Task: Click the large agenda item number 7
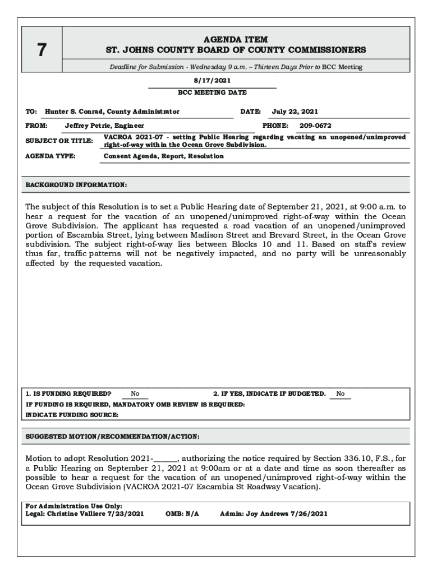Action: pyautogui.click(x=42, y=50)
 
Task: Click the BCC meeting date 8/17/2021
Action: pyautogui.click(x=212, y=81)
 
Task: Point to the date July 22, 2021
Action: pyautogui.click(x=295, y=112)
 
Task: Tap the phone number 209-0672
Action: pyautogui.click(x=315, y=126)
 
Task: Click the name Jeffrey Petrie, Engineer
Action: pyautogui.click(x=104, y=126)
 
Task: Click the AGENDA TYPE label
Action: pyautogui.click(x=50, y=156)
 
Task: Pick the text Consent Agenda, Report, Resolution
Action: pyautogui.click(x=164, y=156)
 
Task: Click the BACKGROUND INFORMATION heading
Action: pyautogui.click(x=76, y=185)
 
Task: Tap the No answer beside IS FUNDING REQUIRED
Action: pyautogui.click(x=135, y=394)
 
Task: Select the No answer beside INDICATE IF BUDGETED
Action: pyautogui.click(x=341, y=394)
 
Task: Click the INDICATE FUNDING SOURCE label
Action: pyautogui.click(x=72, y=415)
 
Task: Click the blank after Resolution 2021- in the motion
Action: pyautogui.click(x=166, y=459)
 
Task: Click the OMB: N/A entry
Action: pyautogui.click(x=182, y=513)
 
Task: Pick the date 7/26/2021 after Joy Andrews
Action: pyautogui.click(x=309, y=513)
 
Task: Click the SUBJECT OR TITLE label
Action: pyautogui.click(x=59, y=141)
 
